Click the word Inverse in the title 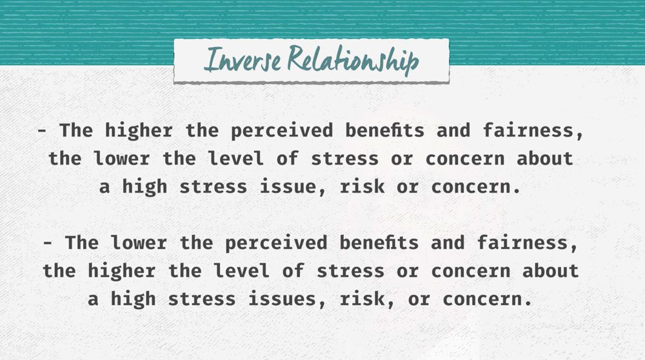tap(243, 59)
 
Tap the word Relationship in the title tap(353, 60)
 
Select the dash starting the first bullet tap(43, 131)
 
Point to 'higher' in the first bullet tap(139, 131)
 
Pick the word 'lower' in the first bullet tap(122, 159)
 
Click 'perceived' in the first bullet tap(282, 131)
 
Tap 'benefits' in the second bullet tap(379, 243)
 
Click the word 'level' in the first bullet tap(235, 159)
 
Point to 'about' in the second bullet tap(550, 271)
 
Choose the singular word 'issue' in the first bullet tap(288, 187)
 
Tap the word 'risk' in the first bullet tap(362, 187)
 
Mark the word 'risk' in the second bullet tap(362, 299)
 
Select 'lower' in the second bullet tap(139, 243)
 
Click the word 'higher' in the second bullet tap(122, 272)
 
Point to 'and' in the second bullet tap(448, 243)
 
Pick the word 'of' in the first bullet tap(288, 159)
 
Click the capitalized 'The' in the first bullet tap(76, 130)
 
